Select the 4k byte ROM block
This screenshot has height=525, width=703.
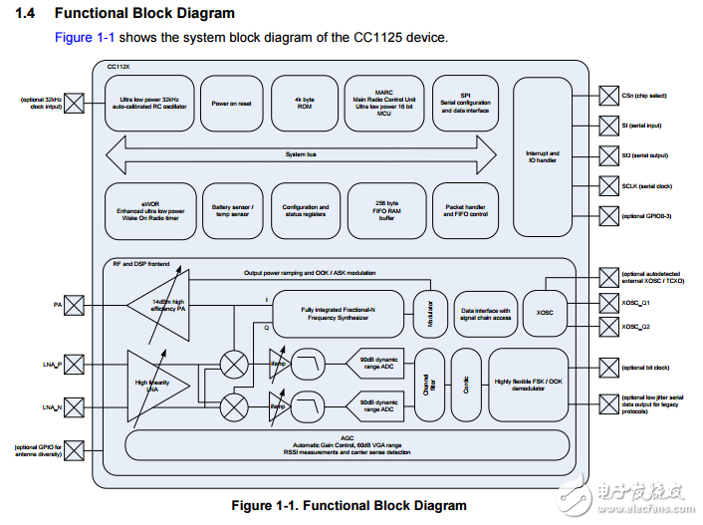click(x=304, y=104)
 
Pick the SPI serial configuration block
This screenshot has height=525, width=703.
click(x=465, y=104)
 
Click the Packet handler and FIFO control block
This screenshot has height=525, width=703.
click(x=465, y=210)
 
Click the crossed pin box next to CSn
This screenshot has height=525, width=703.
click(x=606, y=96)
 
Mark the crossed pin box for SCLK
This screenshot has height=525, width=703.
click(x=606, y=186)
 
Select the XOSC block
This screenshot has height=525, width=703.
click(x=545, y=312)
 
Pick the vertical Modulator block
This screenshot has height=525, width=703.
click(x=430, y=312)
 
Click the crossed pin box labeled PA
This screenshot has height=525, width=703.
click(x=73, y=305)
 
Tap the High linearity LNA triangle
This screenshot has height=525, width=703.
click(x=150, y=383)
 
